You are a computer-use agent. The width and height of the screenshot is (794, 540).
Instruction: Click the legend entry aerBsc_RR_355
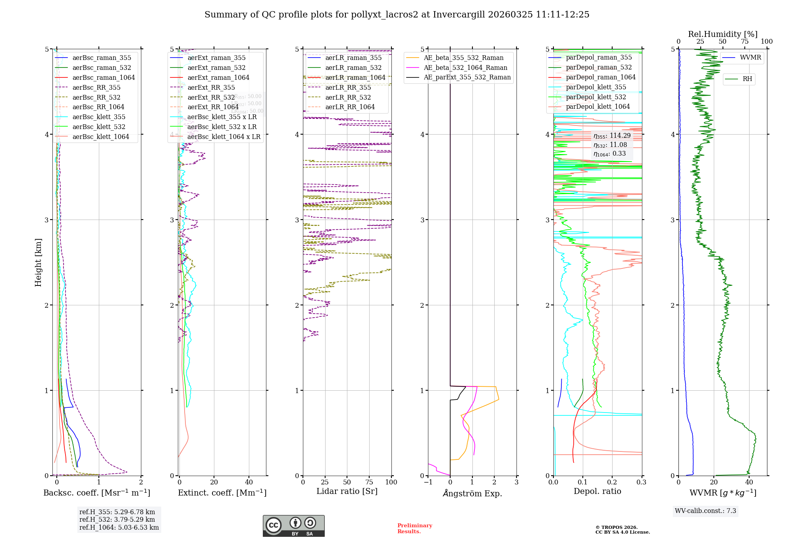(96, 87)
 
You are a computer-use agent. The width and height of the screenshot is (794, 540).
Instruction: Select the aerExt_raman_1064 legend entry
(218, 77)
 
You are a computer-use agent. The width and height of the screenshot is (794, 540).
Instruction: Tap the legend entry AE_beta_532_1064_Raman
(465, 67)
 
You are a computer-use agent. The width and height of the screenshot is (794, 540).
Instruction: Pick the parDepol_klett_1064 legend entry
(597, 106)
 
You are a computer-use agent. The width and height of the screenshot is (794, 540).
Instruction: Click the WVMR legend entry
(750, 58)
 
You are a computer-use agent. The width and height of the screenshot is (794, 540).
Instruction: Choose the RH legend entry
(747, 79)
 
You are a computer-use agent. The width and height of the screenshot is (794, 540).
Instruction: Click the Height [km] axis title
(38, 262)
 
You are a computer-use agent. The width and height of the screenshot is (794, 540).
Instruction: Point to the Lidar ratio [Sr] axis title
(347, 491)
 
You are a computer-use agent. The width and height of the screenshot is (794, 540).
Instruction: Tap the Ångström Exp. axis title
(472, 493)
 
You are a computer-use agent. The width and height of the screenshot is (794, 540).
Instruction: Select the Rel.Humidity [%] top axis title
(723, 34)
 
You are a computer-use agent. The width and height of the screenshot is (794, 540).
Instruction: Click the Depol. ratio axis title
(597, 491)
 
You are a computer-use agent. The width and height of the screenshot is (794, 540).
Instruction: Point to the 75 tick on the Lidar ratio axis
(369, 482)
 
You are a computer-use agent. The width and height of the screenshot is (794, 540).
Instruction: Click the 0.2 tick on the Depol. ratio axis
(612, 482)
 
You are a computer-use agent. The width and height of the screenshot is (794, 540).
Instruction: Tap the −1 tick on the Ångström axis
(428, 482)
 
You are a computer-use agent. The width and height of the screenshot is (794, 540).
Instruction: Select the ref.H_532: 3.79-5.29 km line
(117, 519)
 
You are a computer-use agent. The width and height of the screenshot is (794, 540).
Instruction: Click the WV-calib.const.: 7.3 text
(705, 511)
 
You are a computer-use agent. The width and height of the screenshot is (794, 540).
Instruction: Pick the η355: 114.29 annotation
(612, 136)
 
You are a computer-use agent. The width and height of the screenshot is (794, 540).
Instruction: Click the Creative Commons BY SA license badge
(293, 526)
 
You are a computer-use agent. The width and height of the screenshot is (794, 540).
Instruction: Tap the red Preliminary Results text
(414, 528)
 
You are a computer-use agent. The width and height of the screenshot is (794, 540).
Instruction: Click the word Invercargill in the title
(459, 15)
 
